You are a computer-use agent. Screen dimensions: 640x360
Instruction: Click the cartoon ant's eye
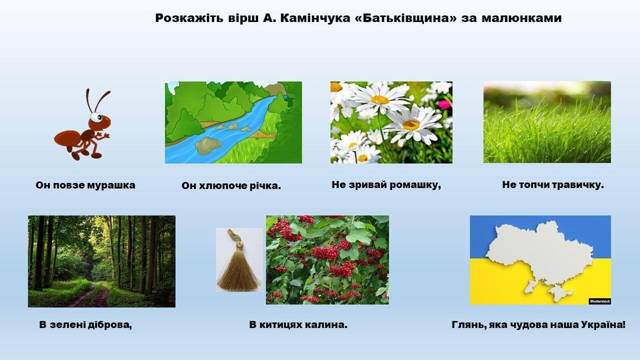[96, 117]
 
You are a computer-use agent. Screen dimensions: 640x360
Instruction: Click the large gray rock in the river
[207, 145]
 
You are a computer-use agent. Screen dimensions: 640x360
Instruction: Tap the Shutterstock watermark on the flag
[599, 301]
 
